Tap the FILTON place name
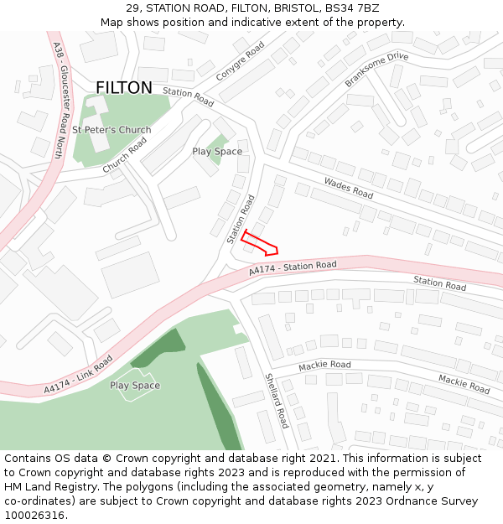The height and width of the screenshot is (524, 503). coord(124,88)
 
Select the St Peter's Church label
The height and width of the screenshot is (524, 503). coord(111,130)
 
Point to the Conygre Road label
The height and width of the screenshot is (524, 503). coord(240,60)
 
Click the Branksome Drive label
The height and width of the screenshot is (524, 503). coord(376,69)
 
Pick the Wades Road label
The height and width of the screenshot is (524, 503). coord(348,188)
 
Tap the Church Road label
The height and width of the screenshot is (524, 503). coord(125,155)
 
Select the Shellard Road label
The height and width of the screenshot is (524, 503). coord(277,401)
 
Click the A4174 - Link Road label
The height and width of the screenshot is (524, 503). coord(78,374)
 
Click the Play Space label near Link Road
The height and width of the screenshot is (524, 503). coord(135,386)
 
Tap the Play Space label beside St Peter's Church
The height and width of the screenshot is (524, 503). coord(217,152)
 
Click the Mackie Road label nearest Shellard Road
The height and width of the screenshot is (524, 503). coord(324,365)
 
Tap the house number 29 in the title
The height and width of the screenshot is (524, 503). coord(132,8)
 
